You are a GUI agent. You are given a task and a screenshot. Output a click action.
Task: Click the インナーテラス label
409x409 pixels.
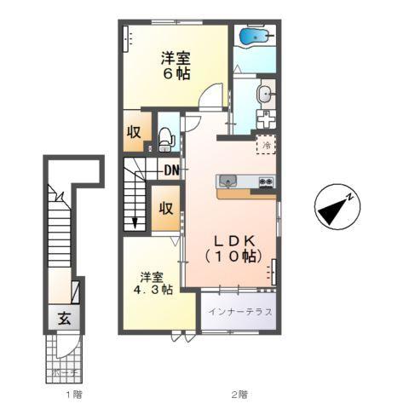click(240, 311)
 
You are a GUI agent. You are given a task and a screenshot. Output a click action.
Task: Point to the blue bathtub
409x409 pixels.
click(255, 37)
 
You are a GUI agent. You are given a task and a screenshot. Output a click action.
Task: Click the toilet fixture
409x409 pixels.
click(167, 136)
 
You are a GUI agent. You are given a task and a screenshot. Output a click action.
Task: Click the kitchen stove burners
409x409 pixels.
click(265, 181)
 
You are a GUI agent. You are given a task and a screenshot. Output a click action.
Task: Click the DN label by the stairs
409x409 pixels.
click(171, 170)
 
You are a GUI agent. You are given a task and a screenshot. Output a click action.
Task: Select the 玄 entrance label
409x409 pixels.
click(64, 320)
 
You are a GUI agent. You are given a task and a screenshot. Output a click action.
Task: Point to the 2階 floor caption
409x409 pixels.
click(239, 394)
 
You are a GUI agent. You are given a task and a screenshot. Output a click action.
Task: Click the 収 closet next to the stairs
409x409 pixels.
click(166, 208)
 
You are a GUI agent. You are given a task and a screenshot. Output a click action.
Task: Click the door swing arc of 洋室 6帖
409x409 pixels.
click(208, 98)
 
